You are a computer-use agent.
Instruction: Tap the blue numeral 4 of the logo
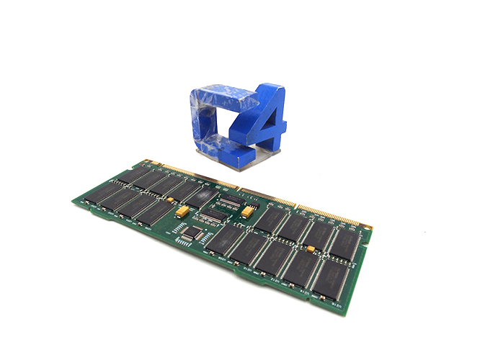(x=262, y=126)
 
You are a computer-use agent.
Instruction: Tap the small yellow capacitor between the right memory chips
(x=310, y=249)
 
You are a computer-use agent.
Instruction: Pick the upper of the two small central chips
(x=230, y=199)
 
